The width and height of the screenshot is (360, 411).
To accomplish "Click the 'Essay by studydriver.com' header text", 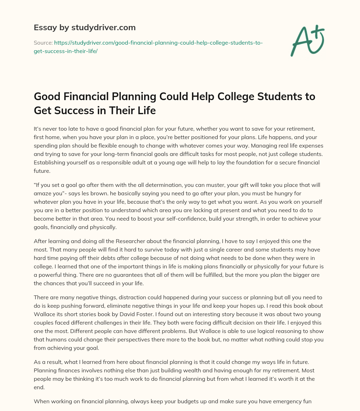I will click(85, 27).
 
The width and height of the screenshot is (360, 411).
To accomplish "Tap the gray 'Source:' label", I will click(43, 43).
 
